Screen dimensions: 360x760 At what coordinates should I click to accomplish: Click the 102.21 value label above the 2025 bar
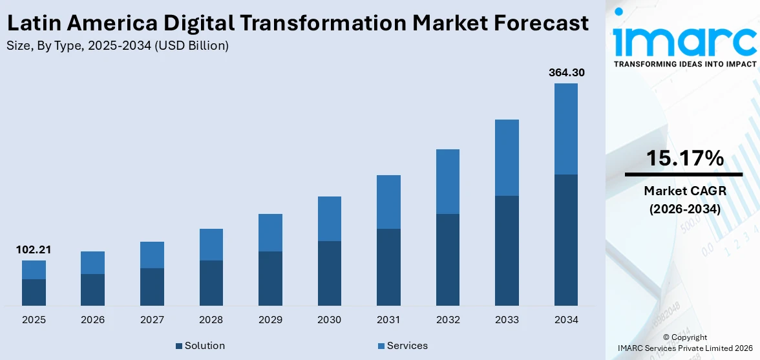[x=34, y=249]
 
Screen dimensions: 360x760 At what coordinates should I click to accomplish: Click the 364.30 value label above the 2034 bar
[x=566, y=72]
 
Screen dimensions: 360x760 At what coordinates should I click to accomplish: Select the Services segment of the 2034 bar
[x=566, y=129]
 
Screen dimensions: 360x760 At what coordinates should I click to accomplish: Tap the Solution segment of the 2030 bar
[x=330, y=273]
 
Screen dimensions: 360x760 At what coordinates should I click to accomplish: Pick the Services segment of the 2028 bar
[x=211, y=244]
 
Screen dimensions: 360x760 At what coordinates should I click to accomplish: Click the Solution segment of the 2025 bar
[x=34, y=292]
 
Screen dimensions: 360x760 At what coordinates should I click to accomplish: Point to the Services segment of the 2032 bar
[x=448, y=181]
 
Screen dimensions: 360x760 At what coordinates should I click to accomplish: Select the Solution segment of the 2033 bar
[x=507, y=250]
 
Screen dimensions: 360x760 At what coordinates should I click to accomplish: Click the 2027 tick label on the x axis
[x=152, y=320]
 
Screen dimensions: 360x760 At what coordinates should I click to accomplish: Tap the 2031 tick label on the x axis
[x=388, y=320]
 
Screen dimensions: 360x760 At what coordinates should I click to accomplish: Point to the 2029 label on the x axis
[x=270, y=320]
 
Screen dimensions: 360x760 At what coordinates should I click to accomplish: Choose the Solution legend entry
[x=200, y=346]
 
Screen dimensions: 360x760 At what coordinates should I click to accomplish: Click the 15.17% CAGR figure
[x=684, y=158]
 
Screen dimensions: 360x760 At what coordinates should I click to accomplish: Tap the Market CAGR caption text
[x=684, y=191]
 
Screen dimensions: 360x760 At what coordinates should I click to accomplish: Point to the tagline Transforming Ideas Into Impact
[x=684, y=64]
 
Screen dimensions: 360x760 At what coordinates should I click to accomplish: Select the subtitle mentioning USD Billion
[x=117, y=45]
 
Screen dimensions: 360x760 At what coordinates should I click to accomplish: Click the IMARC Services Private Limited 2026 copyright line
[x=684, y=348]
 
